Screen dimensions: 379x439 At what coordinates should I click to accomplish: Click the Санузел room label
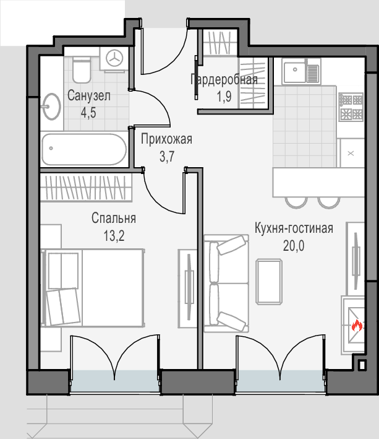(89, 96)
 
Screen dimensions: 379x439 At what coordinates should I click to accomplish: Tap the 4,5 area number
(88, 113)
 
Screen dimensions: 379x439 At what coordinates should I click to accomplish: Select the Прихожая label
(166, 139)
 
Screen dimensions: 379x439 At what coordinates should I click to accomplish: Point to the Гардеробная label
(224, 79)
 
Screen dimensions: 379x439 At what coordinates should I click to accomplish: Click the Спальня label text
(114, 218)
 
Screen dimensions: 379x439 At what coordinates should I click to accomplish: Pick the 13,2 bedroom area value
(114, 236)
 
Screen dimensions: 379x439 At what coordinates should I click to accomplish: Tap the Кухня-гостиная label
(294, 228)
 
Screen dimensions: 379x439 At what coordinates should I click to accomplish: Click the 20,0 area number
(294, 246)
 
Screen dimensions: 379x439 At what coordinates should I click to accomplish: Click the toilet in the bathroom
(82, 70)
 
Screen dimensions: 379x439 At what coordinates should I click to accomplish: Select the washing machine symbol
(114, 59)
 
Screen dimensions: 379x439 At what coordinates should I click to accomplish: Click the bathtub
(84, 149)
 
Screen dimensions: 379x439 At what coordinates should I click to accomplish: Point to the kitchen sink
(300, 71)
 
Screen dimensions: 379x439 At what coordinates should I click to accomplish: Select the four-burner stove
(351, 107)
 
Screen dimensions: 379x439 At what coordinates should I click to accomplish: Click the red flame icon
(357, 326)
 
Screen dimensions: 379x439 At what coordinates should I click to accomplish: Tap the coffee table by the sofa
(269, 282)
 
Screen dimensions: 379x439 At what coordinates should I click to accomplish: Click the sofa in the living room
(226, 284)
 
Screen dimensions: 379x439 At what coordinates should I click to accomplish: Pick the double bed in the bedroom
(93, 288)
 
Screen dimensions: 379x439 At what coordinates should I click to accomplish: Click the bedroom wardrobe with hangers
(86, 188)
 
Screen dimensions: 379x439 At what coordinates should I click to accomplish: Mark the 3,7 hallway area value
(167, 157)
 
